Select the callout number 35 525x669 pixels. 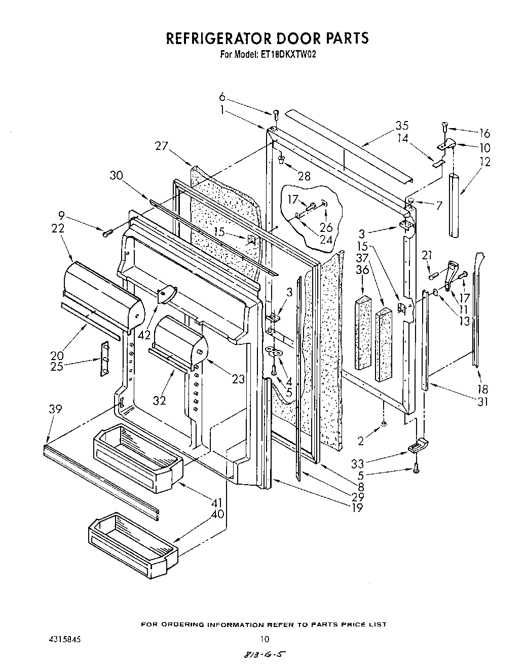point(402,126)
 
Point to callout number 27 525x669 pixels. point(161,146)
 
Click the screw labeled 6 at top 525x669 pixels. point(276,115)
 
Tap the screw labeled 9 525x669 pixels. point(107,233)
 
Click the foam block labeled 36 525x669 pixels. point(363,332)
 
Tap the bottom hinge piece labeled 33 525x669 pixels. point(418,446)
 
